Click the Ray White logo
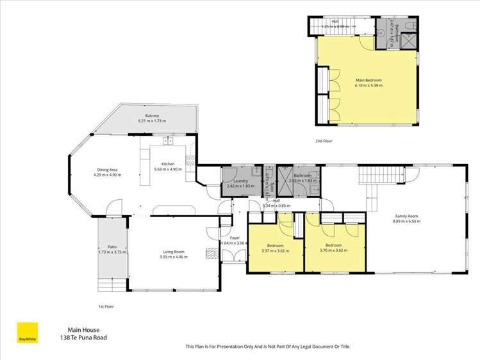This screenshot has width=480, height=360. (x=27, y=332)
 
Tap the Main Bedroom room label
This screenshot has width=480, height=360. (x=368, y=80)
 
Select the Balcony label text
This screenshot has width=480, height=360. (x=152, y=115)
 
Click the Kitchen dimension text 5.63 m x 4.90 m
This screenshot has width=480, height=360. (x=168, y=169)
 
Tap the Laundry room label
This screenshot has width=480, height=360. (x=240, y=181)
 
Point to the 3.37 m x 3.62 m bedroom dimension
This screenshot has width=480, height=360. (x=276, y=250)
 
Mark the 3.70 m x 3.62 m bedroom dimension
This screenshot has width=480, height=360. (x=334, y=250)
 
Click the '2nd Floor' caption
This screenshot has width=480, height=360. (x=324, y=140)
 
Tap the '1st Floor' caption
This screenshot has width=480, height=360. (x=107, y=306)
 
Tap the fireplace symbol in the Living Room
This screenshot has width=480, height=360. (x=210, y=252)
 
